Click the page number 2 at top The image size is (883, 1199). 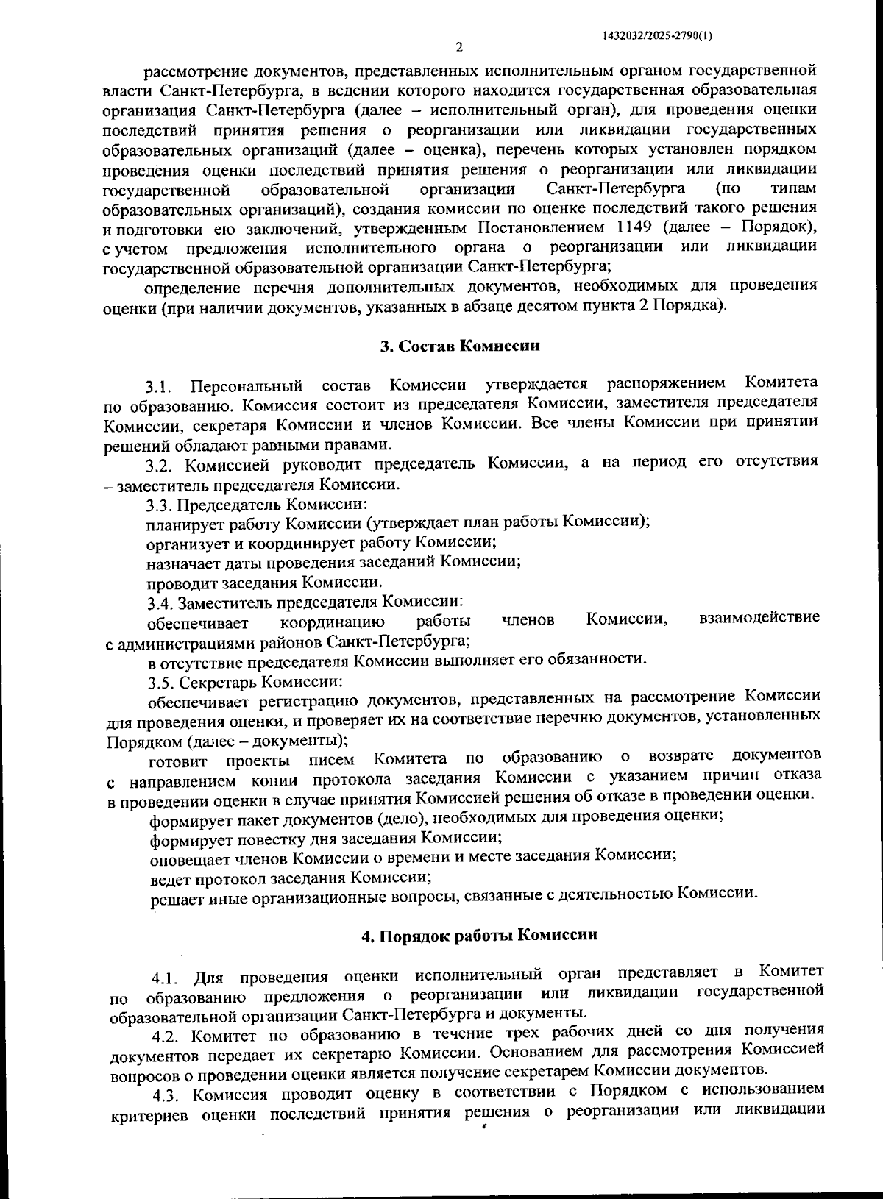(459, 49)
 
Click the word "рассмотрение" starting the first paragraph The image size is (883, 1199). (194, 72)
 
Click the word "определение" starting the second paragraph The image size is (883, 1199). (188, 285)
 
